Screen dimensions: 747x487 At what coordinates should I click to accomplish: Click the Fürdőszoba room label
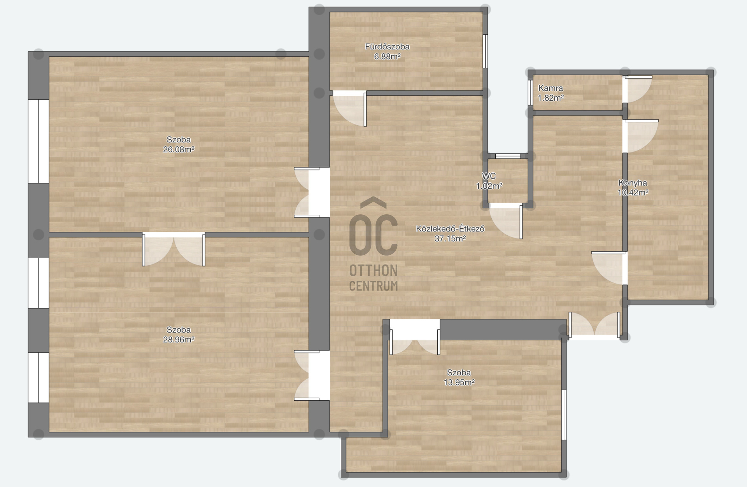(387, 47)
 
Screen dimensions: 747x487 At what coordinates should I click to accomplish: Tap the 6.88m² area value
(387, 56)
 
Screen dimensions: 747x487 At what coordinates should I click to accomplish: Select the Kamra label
(551, 88)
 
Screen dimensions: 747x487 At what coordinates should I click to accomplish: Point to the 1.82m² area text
(551, 98)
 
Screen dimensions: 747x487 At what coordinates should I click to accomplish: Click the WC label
(489, 176)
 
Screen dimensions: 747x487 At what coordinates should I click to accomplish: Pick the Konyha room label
(633, 183)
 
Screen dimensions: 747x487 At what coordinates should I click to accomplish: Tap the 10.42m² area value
(633, 193)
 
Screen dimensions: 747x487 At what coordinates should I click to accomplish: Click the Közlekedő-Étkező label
(450, 229)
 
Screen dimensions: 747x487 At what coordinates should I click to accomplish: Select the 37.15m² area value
(450, 238)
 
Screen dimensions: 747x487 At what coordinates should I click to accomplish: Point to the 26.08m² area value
(179, 149)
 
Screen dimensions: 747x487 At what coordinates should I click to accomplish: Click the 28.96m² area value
(179, 340)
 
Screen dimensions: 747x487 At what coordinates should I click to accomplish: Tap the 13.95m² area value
(459, 382)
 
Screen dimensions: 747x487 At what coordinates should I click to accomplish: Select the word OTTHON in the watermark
(373, 270)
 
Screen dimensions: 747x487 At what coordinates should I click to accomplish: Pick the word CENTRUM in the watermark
(373, 286)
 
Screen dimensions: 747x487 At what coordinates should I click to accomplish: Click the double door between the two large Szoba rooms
(174, 249)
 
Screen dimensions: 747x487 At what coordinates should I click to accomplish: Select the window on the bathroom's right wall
(485, 51)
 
